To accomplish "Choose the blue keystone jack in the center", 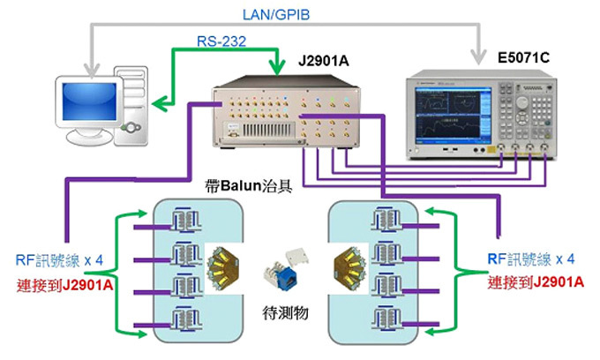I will point(286,274).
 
